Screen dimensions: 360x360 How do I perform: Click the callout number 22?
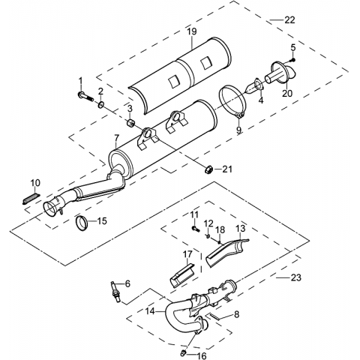coord(289,19)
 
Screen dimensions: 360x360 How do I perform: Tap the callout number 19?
coord(192,31)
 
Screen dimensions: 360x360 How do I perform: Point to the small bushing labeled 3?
coord(130,123)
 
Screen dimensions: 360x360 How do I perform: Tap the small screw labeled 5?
coord(293,60)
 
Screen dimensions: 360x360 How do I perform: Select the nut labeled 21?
coord(208,170)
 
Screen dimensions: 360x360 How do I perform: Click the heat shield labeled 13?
coord(226,253)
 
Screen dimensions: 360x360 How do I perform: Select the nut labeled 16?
coord(183,352)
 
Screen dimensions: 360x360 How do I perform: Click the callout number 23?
coord(296,277)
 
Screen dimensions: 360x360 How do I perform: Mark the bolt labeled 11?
coord(196,228)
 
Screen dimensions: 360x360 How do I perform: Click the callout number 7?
coord(116,138)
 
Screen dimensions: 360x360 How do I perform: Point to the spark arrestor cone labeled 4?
coord(254,87)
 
